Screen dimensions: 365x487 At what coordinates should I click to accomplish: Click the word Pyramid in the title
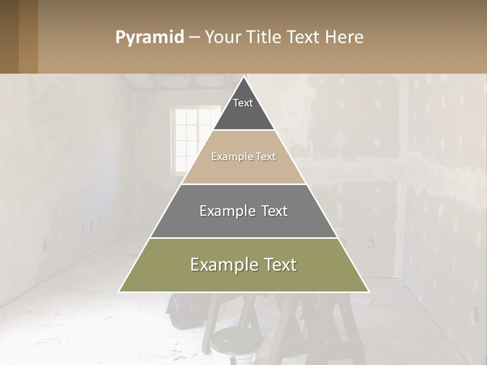point(150,37)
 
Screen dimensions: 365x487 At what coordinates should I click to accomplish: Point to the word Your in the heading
point(224,37)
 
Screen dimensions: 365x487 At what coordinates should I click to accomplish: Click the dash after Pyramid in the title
point(194,38)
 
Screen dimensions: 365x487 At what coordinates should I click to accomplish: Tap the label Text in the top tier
point(243,103)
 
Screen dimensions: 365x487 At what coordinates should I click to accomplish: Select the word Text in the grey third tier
point(271,211)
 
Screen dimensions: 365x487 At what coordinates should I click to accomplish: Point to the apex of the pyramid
point(244,78)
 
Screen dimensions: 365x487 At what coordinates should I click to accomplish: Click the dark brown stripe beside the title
point(9,36)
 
